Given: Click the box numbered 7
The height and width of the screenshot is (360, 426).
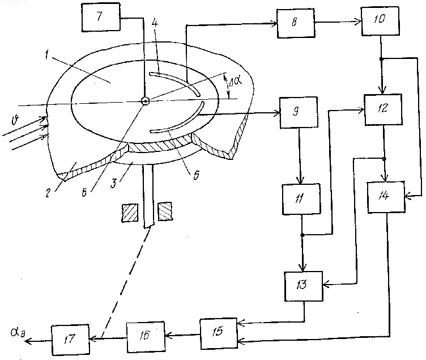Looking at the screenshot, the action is pyautogui.click(x=101, y=17).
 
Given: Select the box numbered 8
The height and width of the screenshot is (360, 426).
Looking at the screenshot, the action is pyautogui.click(x=296, y=23).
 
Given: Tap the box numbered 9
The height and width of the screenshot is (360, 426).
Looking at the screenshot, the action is pyautogui.click(x=299, y=112).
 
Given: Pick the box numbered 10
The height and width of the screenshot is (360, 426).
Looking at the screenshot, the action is pyautogui.click(x=380, y=20).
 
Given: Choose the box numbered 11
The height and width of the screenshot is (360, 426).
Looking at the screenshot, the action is pyautogui.click(x=301, y=200).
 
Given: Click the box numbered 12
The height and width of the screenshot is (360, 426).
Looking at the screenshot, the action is pyautogui.click(x=383, y=109).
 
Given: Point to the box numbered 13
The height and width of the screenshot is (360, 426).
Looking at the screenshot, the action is pyautogui.click(x=303, y=286).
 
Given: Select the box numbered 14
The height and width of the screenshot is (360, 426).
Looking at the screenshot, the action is pyautogui.click(x=386, y=197).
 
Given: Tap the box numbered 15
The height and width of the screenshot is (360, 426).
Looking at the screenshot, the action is pyautogui.click(x=219, y=333).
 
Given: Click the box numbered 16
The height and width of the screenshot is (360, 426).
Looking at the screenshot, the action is pyautogui.click(x=146, y=337).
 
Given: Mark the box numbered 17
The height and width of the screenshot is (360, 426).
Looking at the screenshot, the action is pyautogui.click(x=70, y=340).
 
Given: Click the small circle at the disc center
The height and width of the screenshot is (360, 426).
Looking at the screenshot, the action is pyautogui.click(x=146, y=101).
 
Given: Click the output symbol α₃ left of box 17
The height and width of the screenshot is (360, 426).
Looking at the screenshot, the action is pyautogui.click(x=18, y=332).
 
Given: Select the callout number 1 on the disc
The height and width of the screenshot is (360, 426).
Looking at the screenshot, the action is pyautogui.click(x=47, y=56).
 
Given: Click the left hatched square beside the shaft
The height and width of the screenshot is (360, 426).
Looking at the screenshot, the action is pyautogui.click(x=130, y=213).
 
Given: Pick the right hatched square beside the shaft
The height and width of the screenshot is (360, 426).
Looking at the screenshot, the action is pyautogui.click(x=165, y=211).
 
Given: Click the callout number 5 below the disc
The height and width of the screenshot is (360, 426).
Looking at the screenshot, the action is pyautogui.click(x=196, y=175).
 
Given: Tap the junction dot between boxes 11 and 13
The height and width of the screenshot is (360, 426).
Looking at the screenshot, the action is pyautogui.click(x=302, y=235).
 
